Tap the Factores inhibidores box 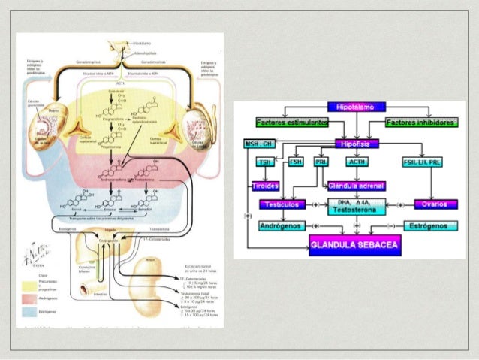click(x=425, y=123)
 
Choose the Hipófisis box click(x=357, y=143)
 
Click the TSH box click(x=264, y=162)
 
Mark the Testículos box click(x=283, y=204)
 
